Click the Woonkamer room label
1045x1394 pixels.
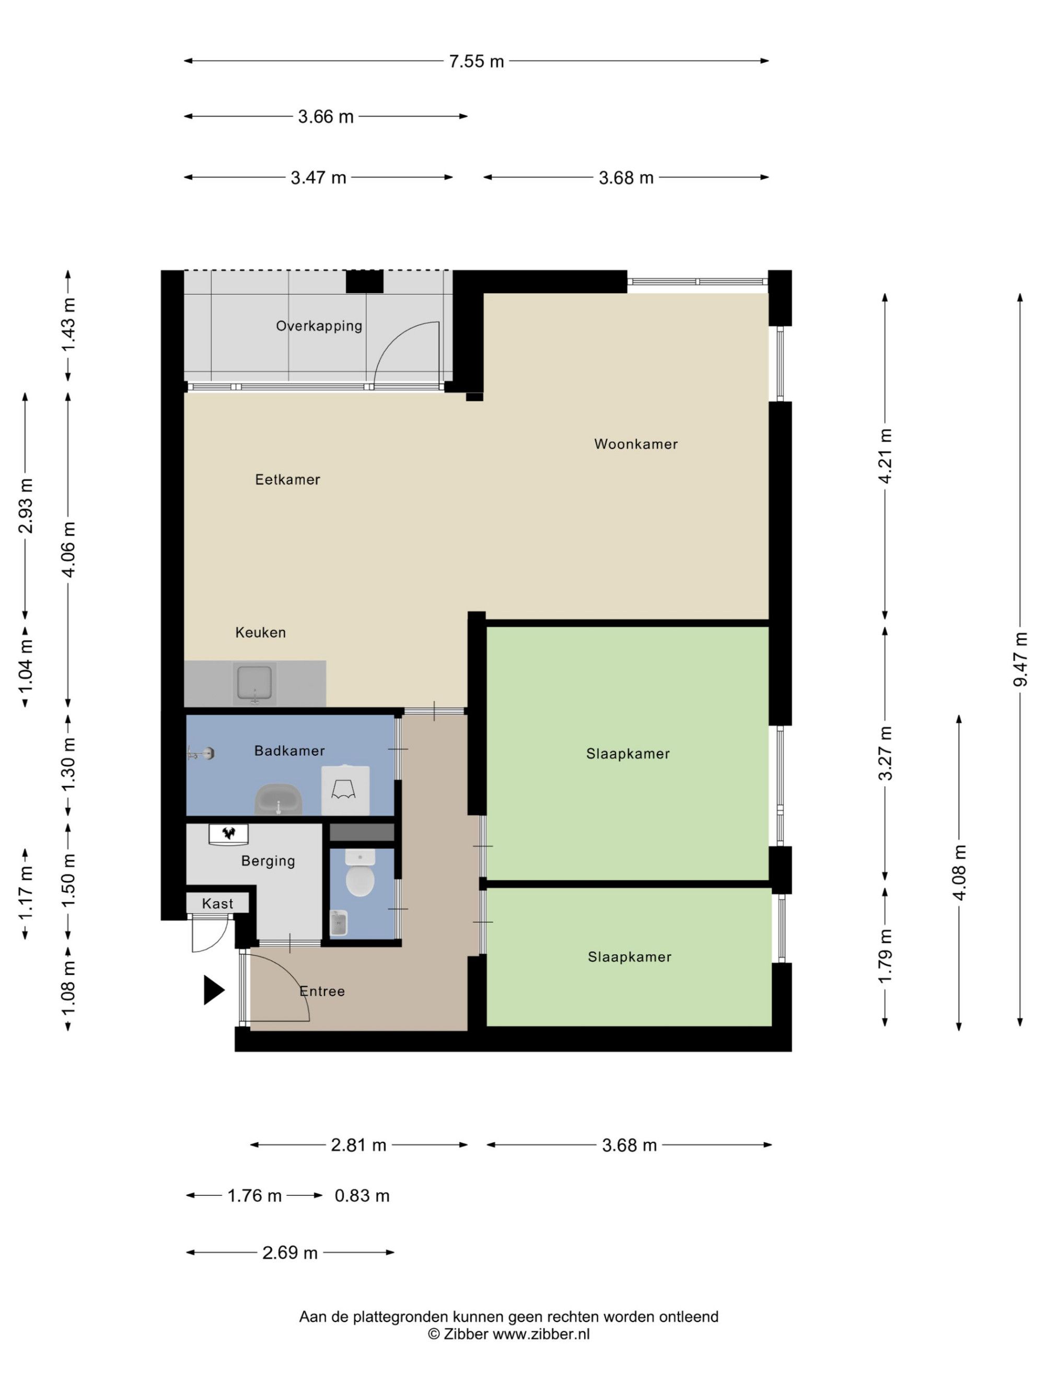(x=635, y=444)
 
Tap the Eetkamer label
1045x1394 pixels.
(x=287, y=480)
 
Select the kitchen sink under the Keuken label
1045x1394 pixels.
(x=254, y=683)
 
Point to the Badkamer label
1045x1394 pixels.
(x=289, y=751)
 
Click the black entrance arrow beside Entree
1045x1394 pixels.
(x=214, y=989)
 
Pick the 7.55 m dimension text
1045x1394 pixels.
(x=476, y=61)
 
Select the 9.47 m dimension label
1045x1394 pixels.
(x=1020, y=659)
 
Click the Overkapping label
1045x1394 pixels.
(x=319, y=326)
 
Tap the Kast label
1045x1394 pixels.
(x=217, y=904)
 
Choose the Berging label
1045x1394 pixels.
(x=268, y=861)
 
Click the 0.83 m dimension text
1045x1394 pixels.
(x=362, y=1195)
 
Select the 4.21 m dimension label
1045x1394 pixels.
(x=885, y=456)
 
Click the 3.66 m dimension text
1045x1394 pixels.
(x=325, y=117)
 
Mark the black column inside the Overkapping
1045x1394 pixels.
(x=364, y=282)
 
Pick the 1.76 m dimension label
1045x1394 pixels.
(x=254, y=1195)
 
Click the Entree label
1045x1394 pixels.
(x=322, y=992)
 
